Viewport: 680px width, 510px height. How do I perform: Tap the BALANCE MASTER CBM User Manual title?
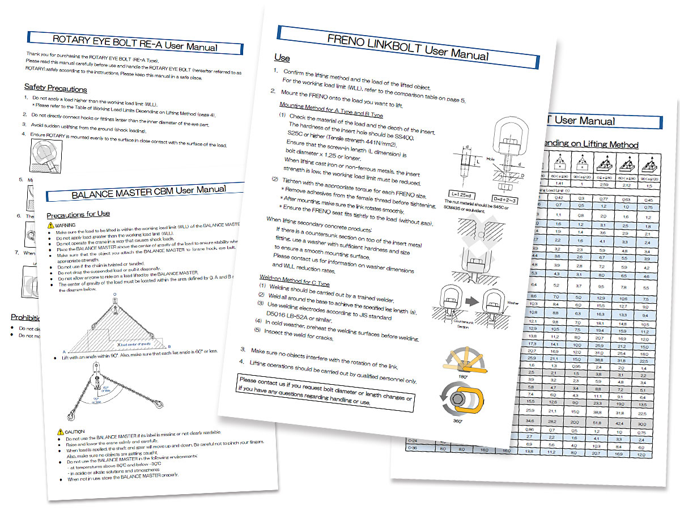pos(148,193)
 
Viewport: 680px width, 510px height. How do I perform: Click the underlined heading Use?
pos(282,58)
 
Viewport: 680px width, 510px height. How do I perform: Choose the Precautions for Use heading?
pos(78,214)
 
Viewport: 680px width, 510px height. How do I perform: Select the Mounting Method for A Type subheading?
pos(331,110)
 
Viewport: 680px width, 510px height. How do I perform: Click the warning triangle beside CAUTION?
pos(61,432)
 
